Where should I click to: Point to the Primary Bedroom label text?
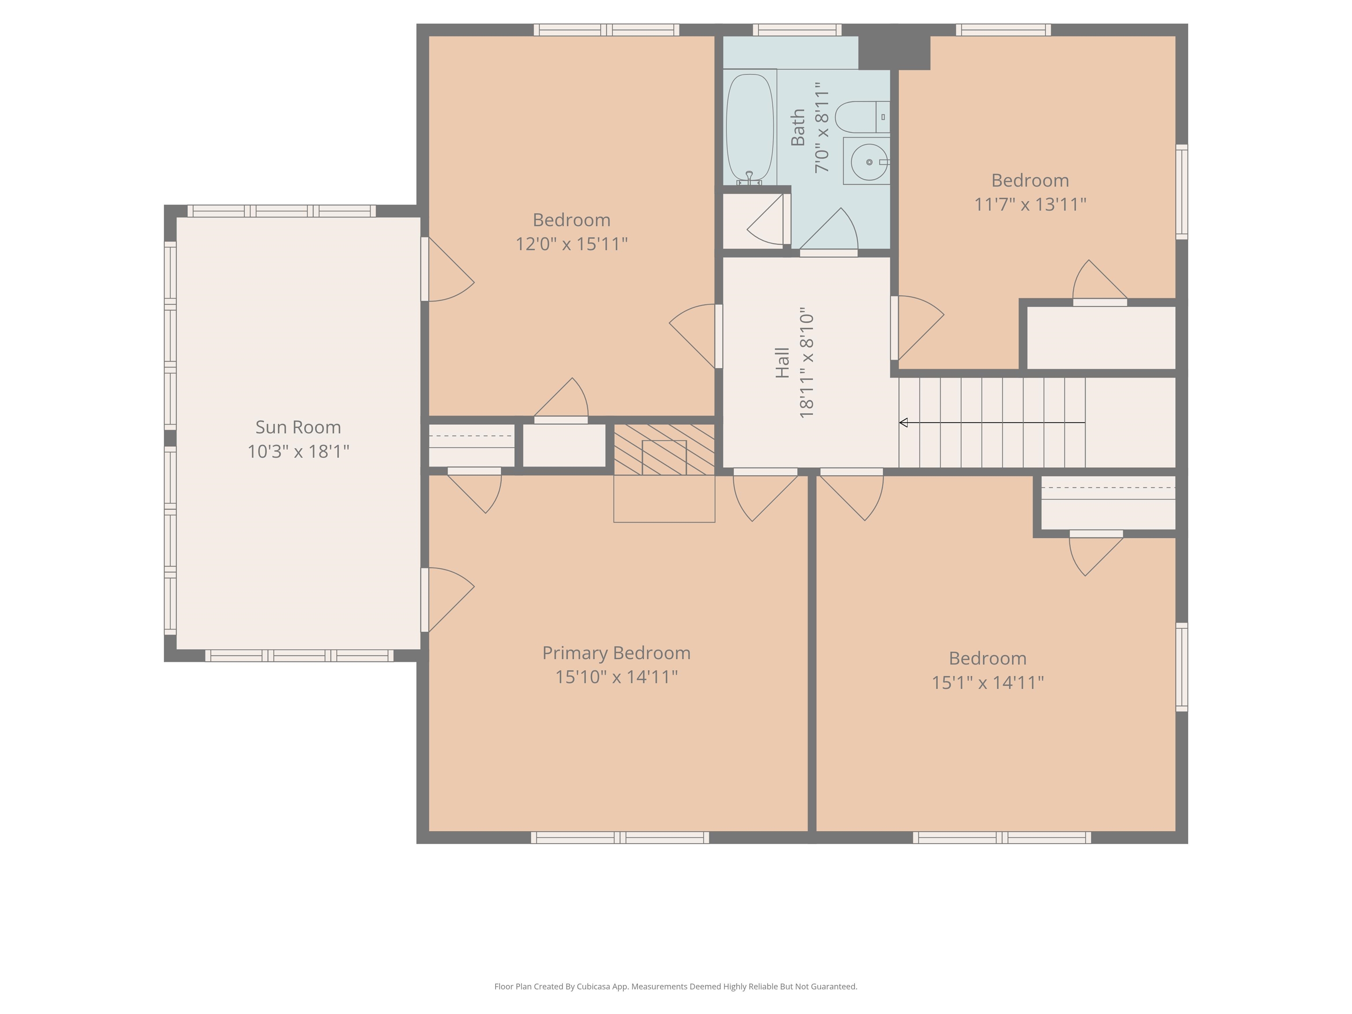tap(616, 653)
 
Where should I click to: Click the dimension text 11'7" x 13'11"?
tap(1030, 204)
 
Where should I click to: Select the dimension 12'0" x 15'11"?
tap(572, 244)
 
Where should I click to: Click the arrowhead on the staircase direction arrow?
tap(904, 422)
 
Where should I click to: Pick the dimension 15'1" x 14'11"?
tap(988, 682)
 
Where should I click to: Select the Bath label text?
tap(797, 128)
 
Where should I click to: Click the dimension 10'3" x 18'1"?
tap(298, 451)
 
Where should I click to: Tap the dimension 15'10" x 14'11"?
tap(616, 676)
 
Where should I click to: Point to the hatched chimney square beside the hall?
tap(665, 449)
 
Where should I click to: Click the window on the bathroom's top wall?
tap(797, 29)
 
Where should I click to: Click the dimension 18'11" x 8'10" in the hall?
tap(807, 363)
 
